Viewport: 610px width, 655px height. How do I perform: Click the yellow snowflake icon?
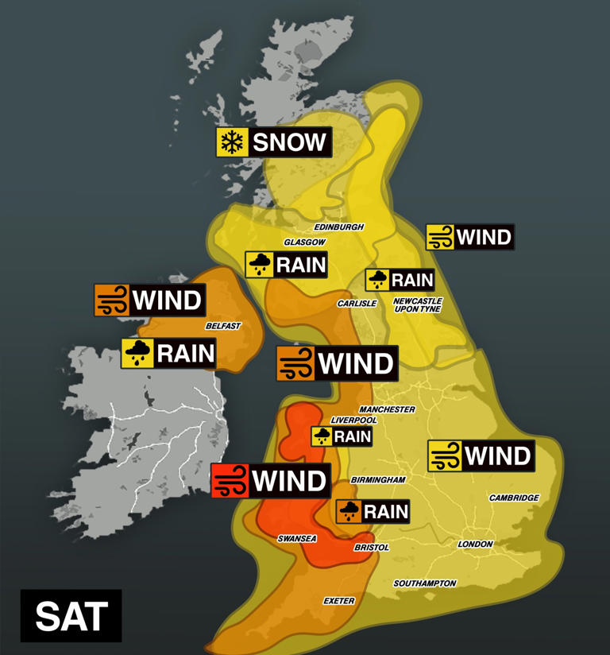(232, 142)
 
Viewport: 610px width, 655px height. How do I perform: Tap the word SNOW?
(290, 142)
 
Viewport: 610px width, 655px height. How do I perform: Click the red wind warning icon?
(230, 481)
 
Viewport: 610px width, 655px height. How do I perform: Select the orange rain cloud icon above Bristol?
(349, 511)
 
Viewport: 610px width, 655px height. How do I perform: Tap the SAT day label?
(71, 615)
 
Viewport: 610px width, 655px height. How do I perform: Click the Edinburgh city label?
(339, 227)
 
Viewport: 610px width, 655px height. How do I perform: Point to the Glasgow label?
(305, 242)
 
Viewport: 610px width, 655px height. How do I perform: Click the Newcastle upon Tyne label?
(417, 305)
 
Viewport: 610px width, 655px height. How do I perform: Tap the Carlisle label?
(357, 304)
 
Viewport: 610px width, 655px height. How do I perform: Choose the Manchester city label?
(387, 409)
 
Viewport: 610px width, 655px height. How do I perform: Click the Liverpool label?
(353, 420)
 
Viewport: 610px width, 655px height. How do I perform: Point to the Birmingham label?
(378, 480)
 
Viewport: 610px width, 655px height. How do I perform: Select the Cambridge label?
(514, 498)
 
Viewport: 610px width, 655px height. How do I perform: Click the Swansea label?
(297, 539)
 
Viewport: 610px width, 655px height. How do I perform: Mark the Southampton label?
(425, 583)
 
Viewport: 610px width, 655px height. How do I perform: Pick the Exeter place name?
(338, 601)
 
